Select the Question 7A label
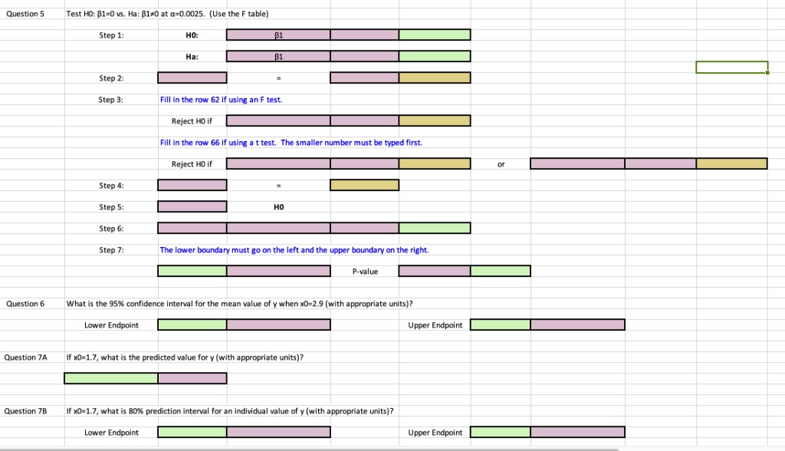(x=25, y=357)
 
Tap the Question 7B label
(x=25, y=411)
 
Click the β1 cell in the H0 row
(x=278, y=35)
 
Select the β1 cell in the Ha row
(x=278, y=56)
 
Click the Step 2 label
(x=111, y=78)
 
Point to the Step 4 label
(x=111, y=186)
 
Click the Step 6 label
(x=111, y=229)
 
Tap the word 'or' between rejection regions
(x=501, y=164)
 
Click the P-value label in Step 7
(x=365, y=272)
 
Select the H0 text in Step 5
(x=278, y=207)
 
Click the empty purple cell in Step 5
(x=192, y=207)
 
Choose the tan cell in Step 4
(x=364, y=186)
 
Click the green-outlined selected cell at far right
(x=731, y=67)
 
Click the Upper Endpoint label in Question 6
(x=435, y=325)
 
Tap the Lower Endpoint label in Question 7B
(x=111, y=433)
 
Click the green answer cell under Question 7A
(x=110, y=379)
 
